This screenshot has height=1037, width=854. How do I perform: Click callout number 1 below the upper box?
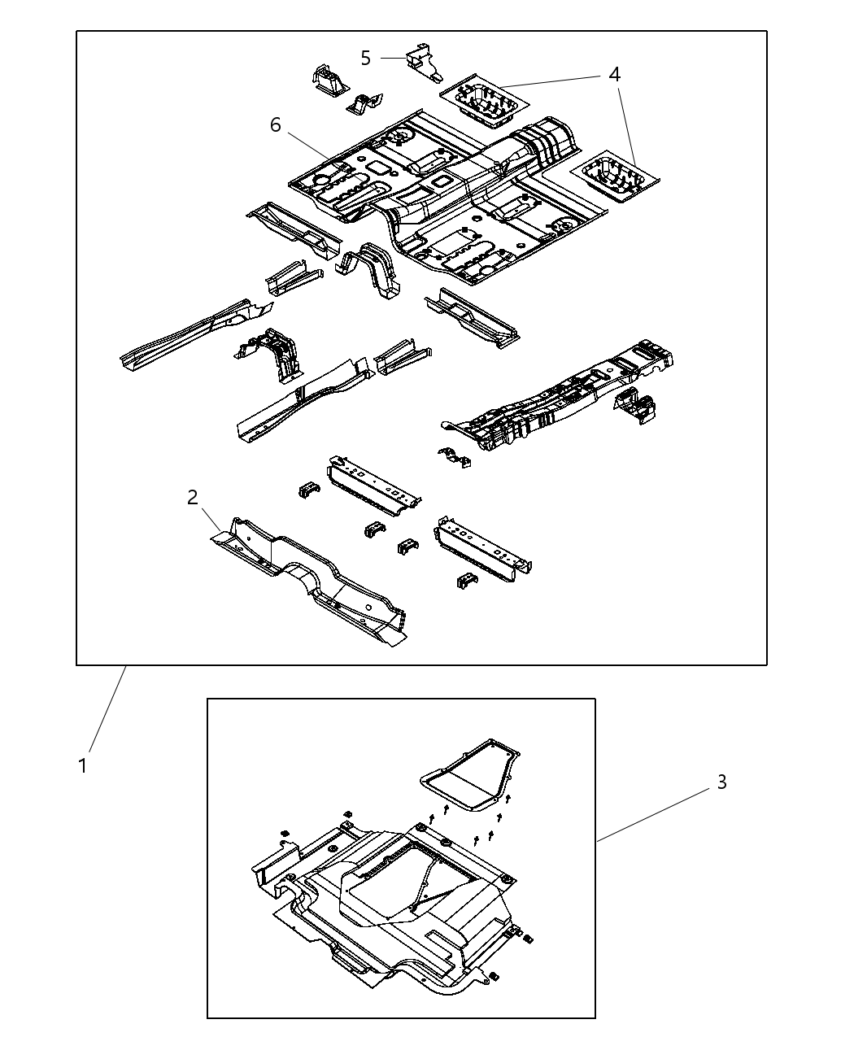(82, 765)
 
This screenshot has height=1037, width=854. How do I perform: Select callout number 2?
(193, 497)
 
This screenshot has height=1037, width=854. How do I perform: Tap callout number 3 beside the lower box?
(721, 782)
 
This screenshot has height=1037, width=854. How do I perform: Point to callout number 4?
(614, 74)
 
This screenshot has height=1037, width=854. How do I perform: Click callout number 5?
(365, 58)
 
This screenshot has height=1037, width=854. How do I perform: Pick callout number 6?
(276, 124)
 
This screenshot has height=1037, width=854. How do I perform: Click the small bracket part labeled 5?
(423, 61)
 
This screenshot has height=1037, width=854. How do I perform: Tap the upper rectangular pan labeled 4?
(483, 102)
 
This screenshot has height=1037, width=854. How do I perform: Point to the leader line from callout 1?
(107, 708)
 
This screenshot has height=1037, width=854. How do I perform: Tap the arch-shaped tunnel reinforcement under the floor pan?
(373, 269)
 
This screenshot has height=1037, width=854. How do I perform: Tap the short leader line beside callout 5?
(393, 58)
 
